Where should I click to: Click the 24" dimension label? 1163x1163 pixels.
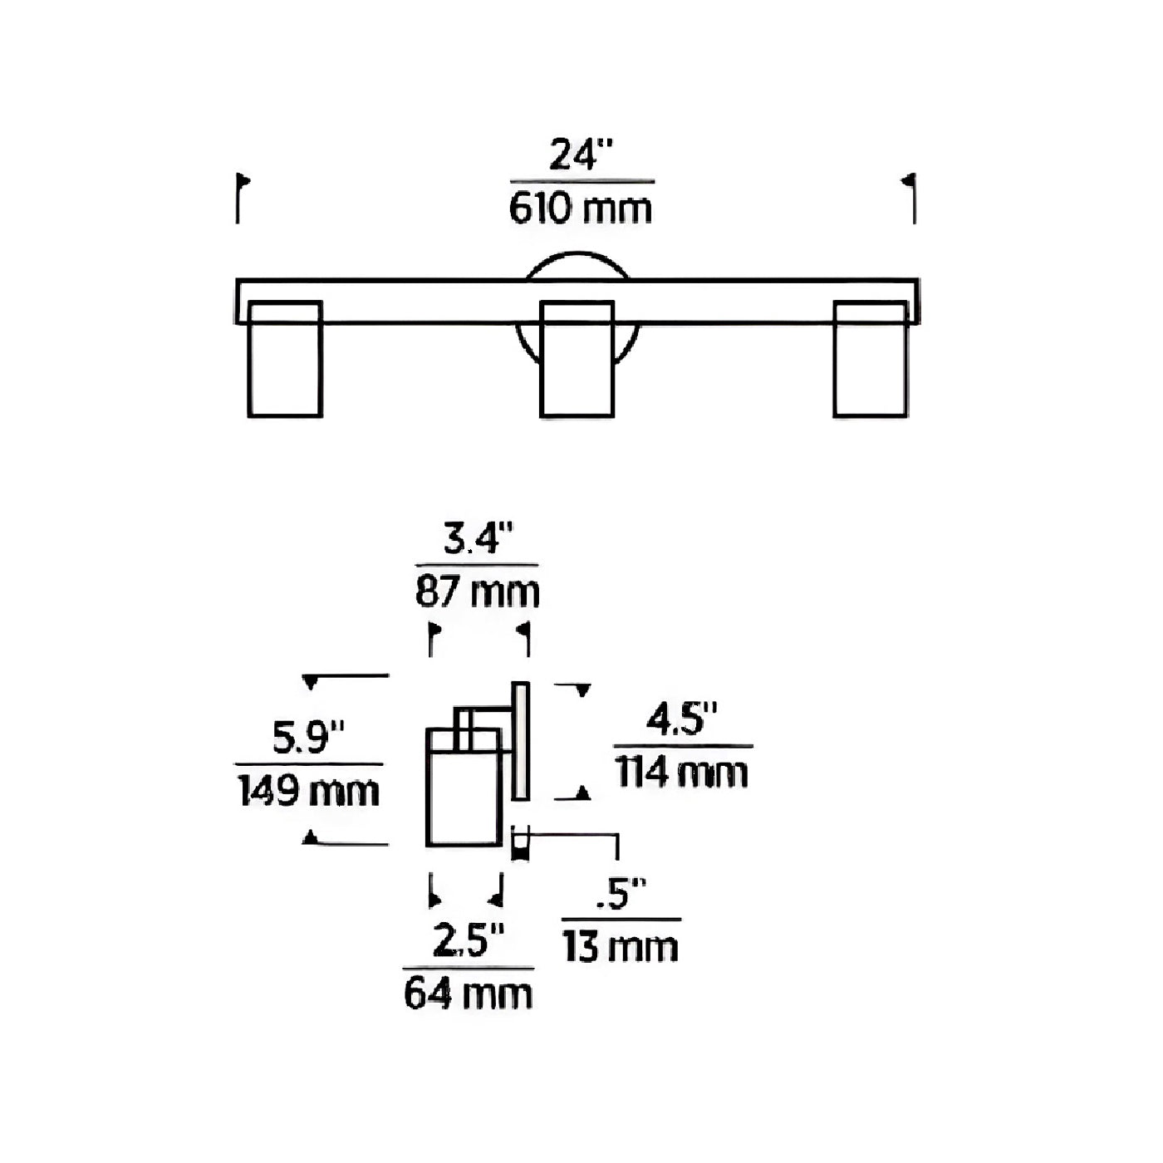coord(581,155)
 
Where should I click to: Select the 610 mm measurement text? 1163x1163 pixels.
coord(581,209)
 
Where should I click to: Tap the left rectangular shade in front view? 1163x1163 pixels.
coord(285,359)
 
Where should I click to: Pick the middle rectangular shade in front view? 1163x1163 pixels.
coord(577,359)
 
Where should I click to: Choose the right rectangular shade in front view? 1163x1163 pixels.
coord(871,359)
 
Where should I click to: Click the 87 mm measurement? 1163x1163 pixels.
coord(477,592)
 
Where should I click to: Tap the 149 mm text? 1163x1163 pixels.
coord(308,791)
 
